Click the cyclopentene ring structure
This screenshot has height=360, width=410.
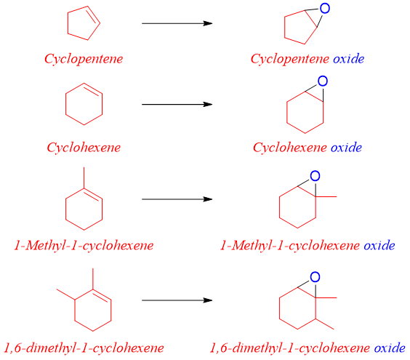pos(81,25)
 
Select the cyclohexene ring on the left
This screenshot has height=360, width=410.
pos(84,106)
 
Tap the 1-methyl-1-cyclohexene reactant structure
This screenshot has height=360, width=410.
pos(84,202)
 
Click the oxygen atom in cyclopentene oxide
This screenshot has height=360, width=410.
pos(324,8)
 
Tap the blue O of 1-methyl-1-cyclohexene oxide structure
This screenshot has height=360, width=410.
pos(315,176)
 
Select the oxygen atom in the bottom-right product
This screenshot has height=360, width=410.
pos(315,277)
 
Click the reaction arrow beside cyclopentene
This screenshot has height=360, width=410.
pos(177,23)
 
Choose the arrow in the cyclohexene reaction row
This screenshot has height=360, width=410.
pos(177,104)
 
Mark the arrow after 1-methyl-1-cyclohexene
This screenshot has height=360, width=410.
pos(177,199)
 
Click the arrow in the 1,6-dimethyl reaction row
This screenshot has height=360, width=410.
pos(177,300)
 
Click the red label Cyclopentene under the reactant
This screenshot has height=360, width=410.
pos(84,58)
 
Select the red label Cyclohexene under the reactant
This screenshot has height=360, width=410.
pos(84,148)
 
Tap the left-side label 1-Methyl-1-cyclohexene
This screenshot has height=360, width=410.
pos(84,245)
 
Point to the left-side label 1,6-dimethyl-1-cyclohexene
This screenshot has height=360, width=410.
pos(84,347)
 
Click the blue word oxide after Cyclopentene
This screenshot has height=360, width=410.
pos(349,58)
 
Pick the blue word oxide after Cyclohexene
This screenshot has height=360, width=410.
pos(346,148)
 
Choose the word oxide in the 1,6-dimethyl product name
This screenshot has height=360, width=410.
pos(389,347)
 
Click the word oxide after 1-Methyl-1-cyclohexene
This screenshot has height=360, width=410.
pos(379,245)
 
